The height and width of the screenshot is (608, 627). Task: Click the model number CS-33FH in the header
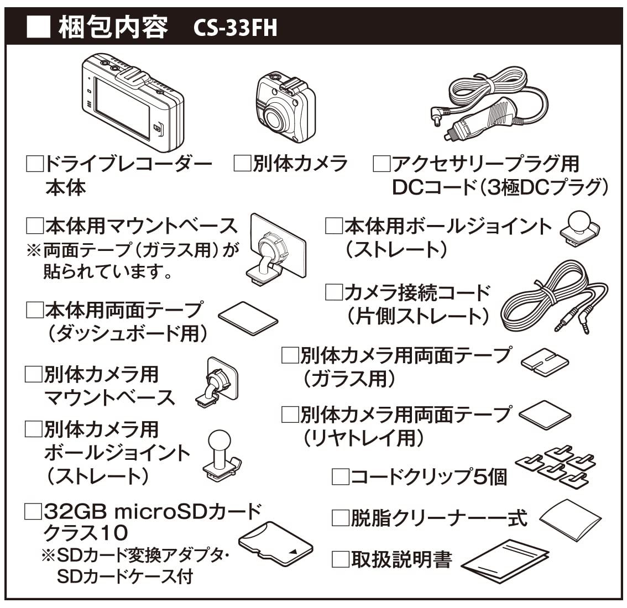pyautogui.click(x=236, y=28)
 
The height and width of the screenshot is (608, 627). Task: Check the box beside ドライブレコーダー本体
pyautogui.click(x=35, y=164)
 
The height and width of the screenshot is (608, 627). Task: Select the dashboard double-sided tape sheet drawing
pyautogui.click(x=248, y=318)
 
